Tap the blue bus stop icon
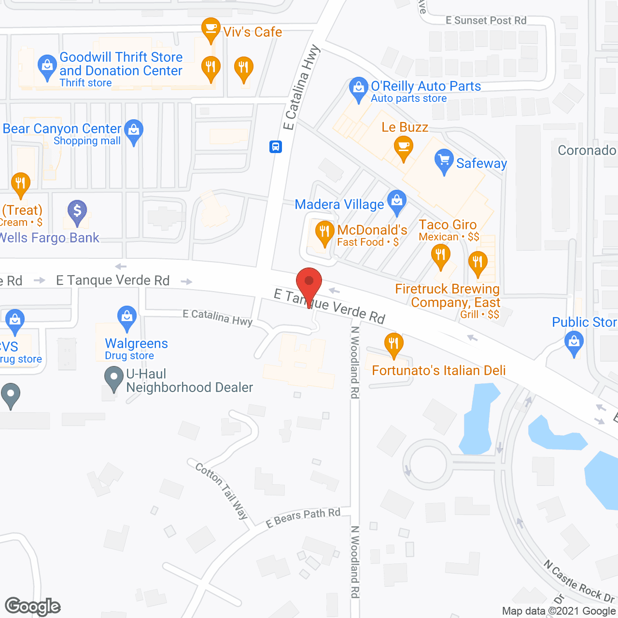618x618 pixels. (x=276, y=146)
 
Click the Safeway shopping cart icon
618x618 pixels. (x=444, y=161)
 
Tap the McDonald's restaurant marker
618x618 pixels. (x=324, y=232)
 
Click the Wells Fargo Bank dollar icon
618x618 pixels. (x=77, y=211)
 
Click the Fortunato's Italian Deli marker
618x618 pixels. (x=393, y=344)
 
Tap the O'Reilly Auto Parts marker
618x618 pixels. (x=358, y=89)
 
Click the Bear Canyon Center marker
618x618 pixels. (x=134, y=131)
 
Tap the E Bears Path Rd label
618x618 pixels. (x=303, y=518)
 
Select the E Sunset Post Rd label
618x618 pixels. (x=486, y=20)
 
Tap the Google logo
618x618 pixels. (x=33, y=606)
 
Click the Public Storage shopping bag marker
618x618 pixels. (x=574, y=342)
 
